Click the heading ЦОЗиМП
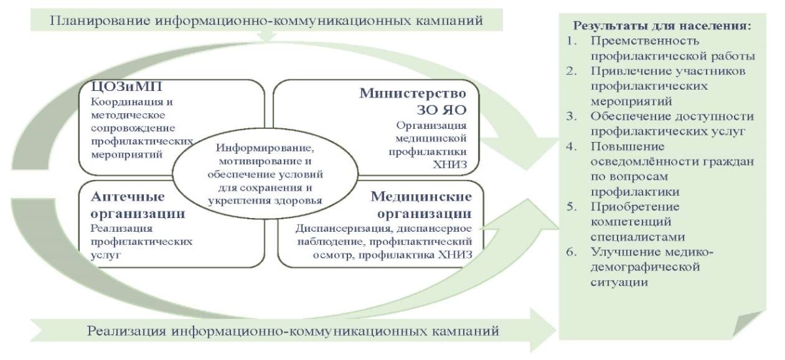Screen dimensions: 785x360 (126, 86)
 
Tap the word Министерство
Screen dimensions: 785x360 (413, 93)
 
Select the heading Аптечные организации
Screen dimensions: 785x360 (138, 205)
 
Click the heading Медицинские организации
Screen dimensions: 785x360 (421, 205)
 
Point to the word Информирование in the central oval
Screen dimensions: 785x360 (265, 147)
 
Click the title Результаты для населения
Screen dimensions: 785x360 (662, 26)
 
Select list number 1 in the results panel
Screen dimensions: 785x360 (571, 41)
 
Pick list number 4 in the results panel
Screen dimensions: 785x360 (571, 147)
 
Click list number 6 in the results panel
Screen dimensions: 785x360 (571, 252)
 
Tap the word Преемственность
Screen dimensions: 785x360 (645, 41)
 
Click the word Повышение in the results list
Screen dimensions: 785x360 (627, 147)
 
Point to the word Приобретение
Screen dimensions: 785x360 (635, 207)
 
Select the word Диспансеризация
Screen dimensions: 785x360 (342, 228)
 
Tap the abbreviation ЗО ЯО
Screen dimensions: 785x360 (442, 110)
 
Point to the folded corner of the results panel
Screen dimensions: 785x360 (746, 324)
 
